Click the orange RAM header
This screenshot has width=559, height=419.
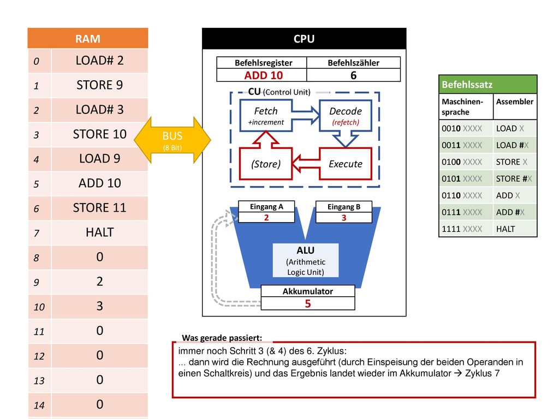pyautogui.click(x=88, y=38)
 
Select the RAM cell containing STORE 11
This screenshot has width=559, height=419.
pyautogui.click(x=99, y=208)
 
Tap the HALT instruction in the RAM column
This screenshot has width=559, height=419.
pyautogui.click(x=99, y=232)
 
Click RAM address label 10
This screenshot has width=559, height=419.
pyautogui.click(x=39, y=307)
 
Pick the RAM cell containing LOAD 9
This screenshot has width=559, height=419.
pyautogui.click(x=99, y=159)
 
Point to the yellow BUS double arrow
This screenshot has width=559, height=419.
pyautogui.click(x=173, y=140)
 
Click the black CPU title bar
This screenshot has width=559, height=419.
pyautogui.click(x=304, y=39)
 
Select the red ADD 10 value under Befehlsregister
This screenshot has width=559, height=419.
pyautogui.click(x=264, y=75)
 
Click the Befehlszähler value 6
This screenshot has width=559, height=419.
pyautogui.click(x=353, y=75)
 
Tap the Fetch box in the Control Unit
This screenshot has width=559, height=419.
pyautogui.click(x=266, y=116)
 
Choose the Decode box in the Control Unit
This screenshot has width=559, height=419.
pyautogui.click(x=346, y=116)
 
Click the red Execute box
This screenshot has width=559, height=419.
pyautogui.click(x=346, y=164)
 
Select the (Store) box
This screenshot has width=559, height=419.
pyautogui.click(x=266, y=164)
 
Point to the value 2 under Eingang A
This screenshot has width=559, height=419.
pyautogui.click(x=266, y=217)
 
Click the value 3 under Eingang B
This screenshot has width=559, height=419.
pyautogui.click(x=344, y=218)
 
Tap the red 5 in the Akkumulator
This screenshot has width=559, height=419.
pyautogui.click(x=308, y=303)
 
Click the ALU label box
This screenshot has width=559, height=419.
pyautogui.click(x=306, y=260)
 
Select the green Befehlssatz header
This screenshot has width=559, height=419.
pyautogui.click(x=487, y=85)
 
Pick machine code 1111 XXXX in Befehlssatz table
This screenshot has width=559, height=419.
pyautogui.click(x=462, y=229)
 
